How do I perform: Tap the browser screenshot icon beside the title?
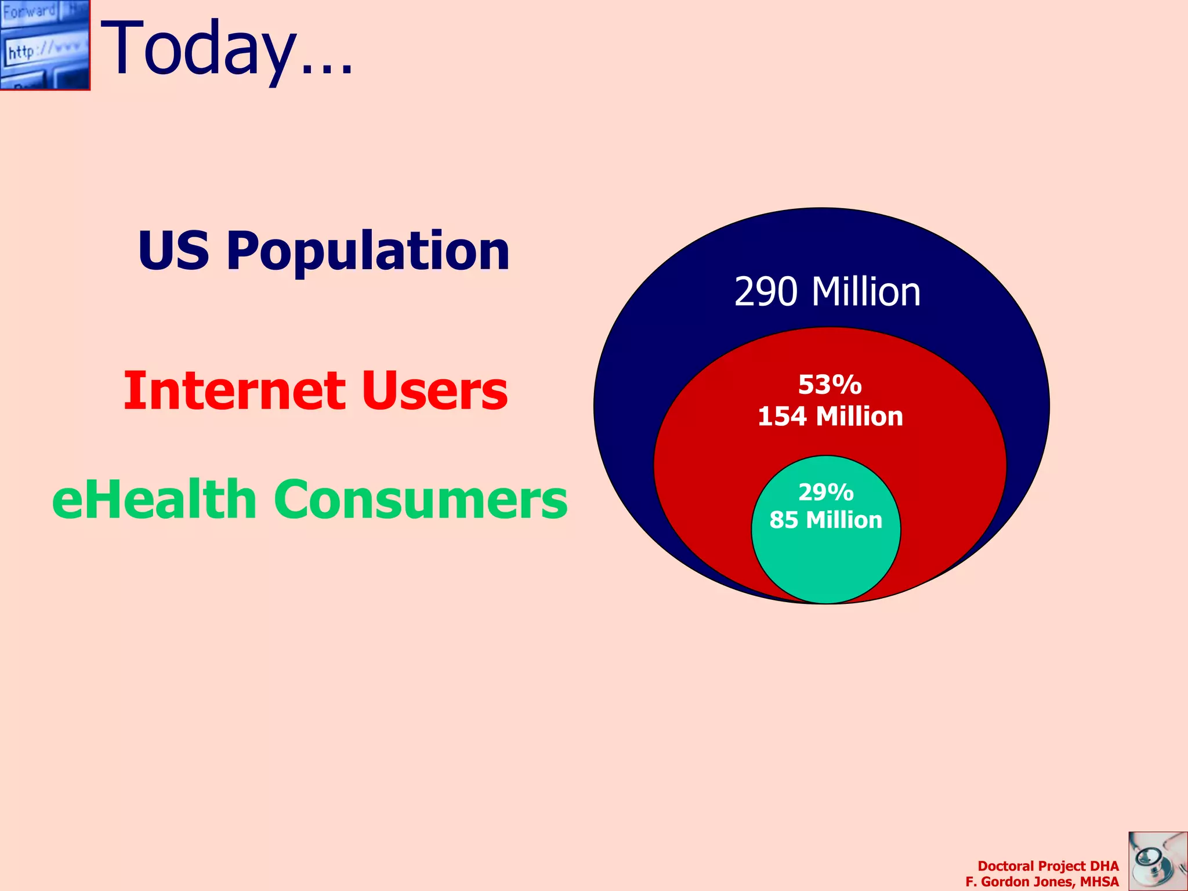click(x=45, y=45)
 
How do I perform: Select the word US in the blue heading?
click(x=173, y=251)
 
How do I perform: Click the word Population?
click(x=368, y=252)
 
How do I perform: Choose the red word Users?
click(x=434, y=390)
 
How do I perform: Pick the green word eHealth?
click(x=154, y=499)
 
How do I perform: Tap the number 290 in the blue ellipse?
click(x=766, y=292)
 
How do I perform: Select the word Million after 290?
click(x=866, y=292)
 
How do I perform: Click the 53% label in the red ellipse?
click(x=830, y=385)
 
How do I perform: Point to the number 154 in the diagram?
click(x=782, y=416)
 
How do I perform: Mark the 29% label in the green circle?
click(x=826, y=492)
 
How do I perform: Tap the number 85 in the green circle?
click(x=784, y=520)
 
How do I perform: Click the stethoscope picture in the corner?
click(x=1157, y=861)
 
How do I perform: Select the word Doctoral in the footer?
click(x=1005, y=866)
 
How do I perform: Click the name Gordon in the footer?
click(x=1005, y=882)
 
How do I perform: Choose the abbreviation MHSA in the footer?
click(x=1099, y=882)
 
